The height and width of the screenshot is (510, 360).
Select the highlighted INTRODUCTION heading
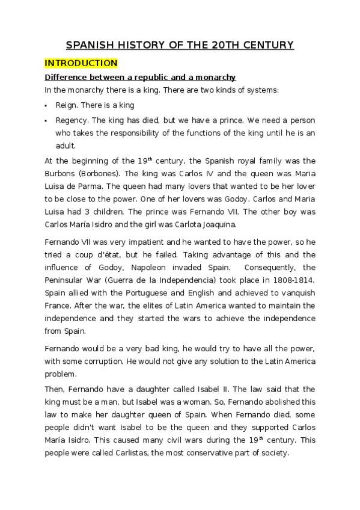click(81, 63)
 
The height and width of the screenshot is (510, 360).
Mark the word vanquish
click(294, 293)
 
